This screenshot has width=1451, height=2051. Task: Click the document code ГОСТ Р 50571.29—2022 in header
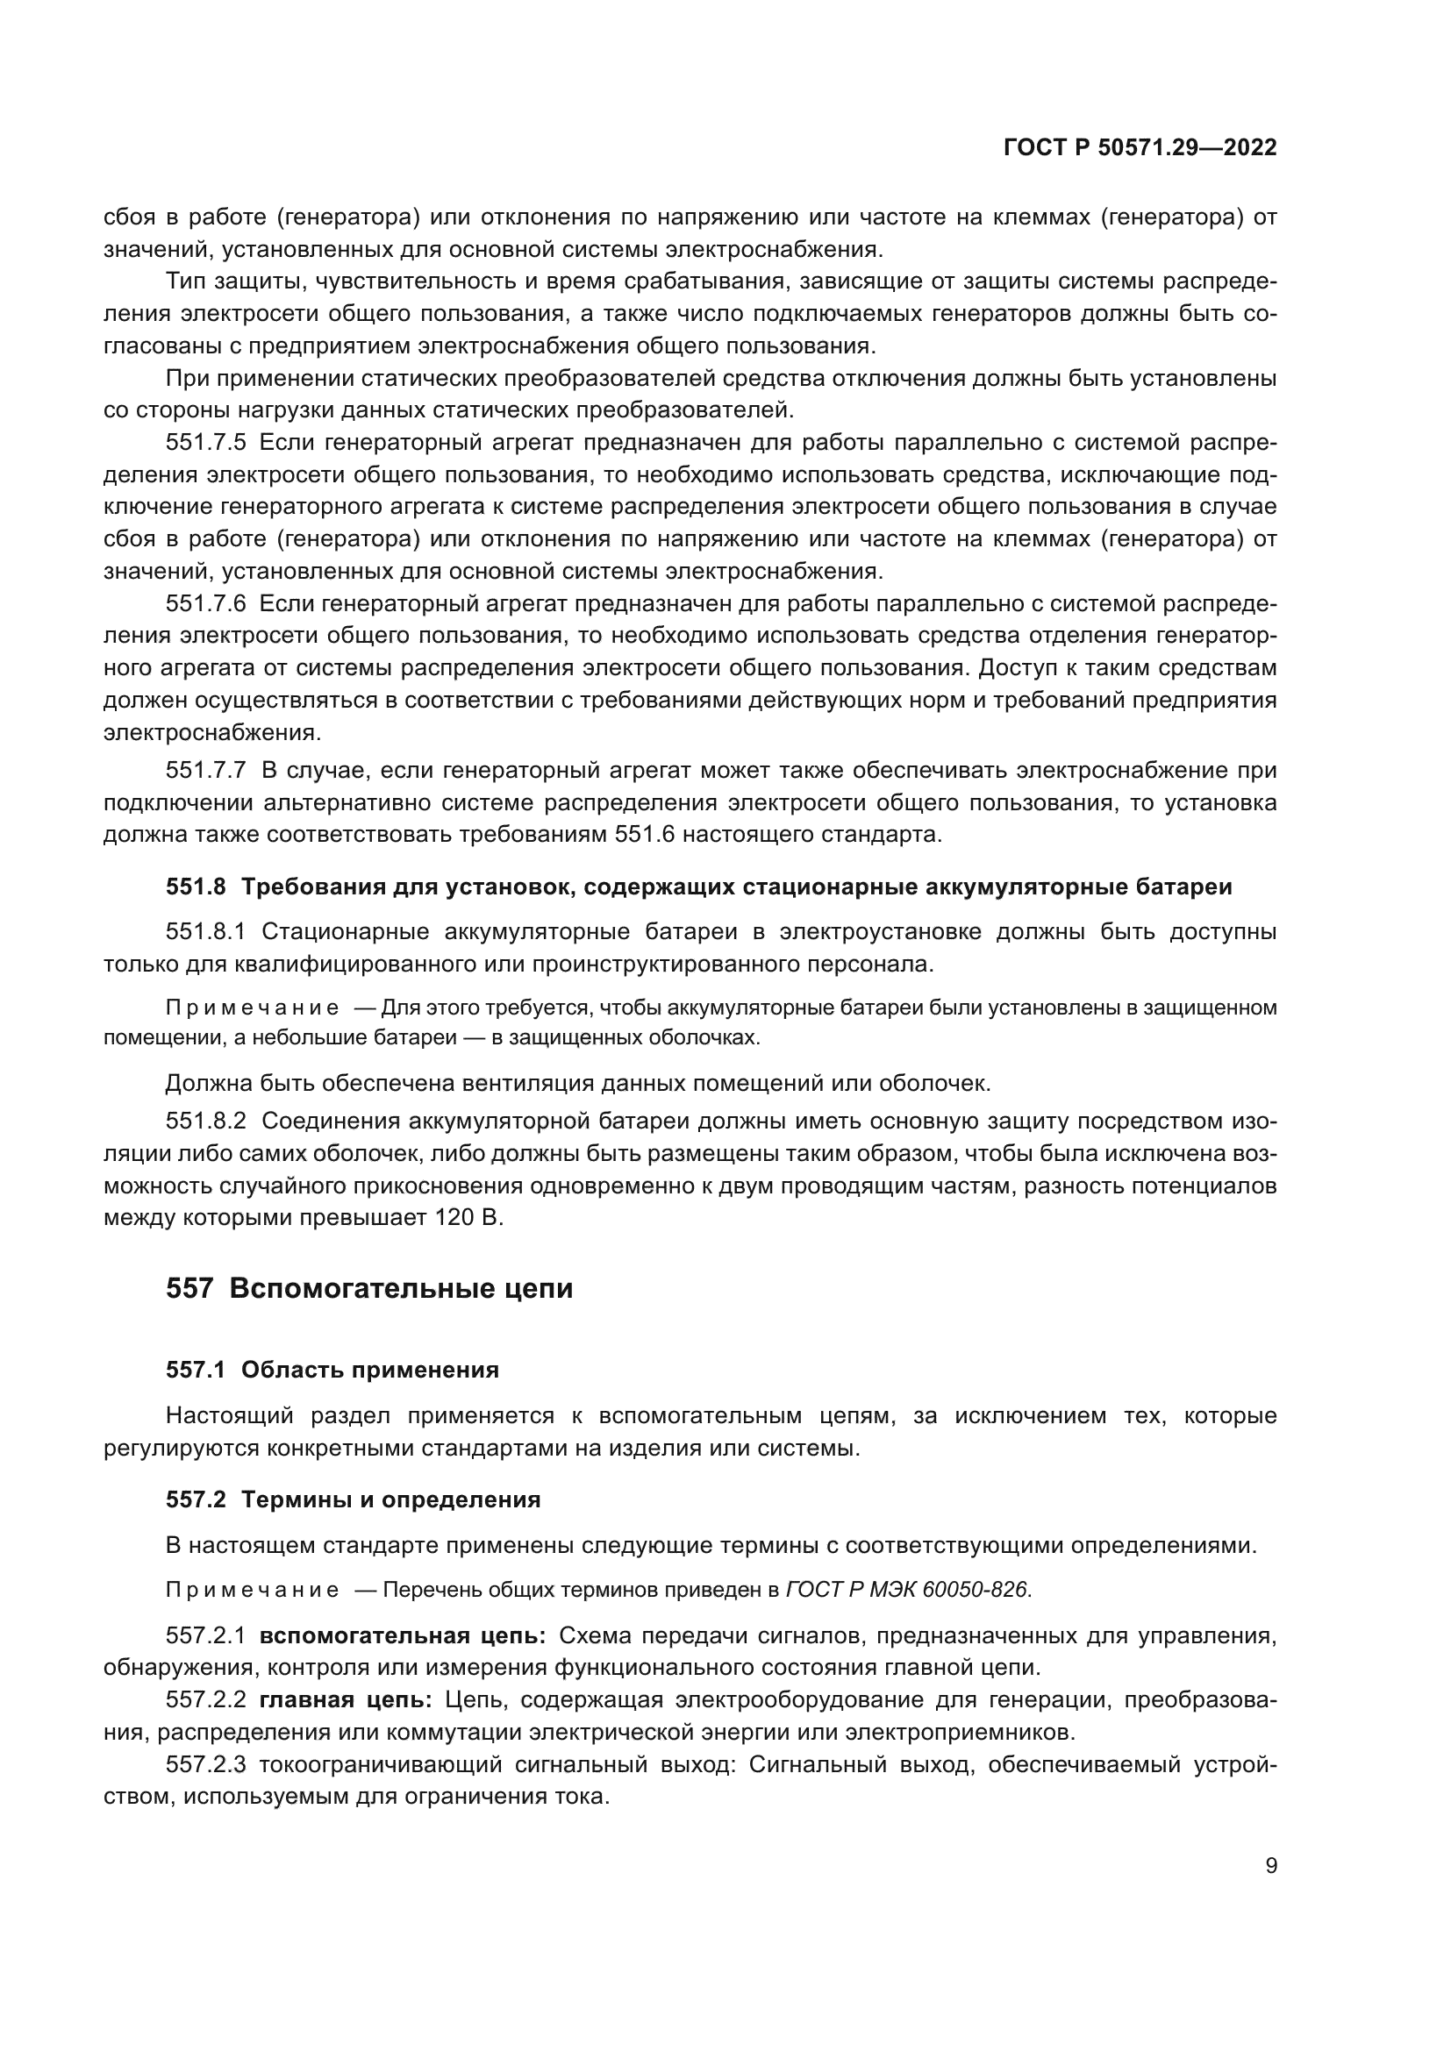click(x=1140, y=148)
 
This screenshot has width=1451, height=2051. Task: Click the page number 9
click(x=1270, y=1866)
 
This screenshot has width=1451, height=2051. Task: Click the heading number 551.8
click(x=196, y=887)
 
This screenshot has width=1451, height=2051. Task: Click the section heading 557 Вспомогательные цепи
click(x=369, y=1289)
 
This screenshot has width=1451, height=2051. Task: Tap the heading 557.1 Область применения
click(x=332, y=1371)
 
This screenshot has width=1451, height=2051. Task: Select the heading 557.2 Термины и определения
click(x=353, y=1499)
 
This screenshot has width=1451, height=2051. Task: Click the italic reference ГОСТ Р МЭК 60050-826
click(x=908, y=1590)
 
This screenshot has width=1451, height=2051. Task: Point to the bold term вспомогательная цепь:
click(x=403, y=1636)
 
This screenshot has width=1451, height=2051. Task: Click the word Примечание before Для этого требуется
click(x=252, y=1008)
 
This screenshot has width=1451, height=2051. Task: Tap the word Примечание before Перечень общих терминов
click(x=252, y=1590)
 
